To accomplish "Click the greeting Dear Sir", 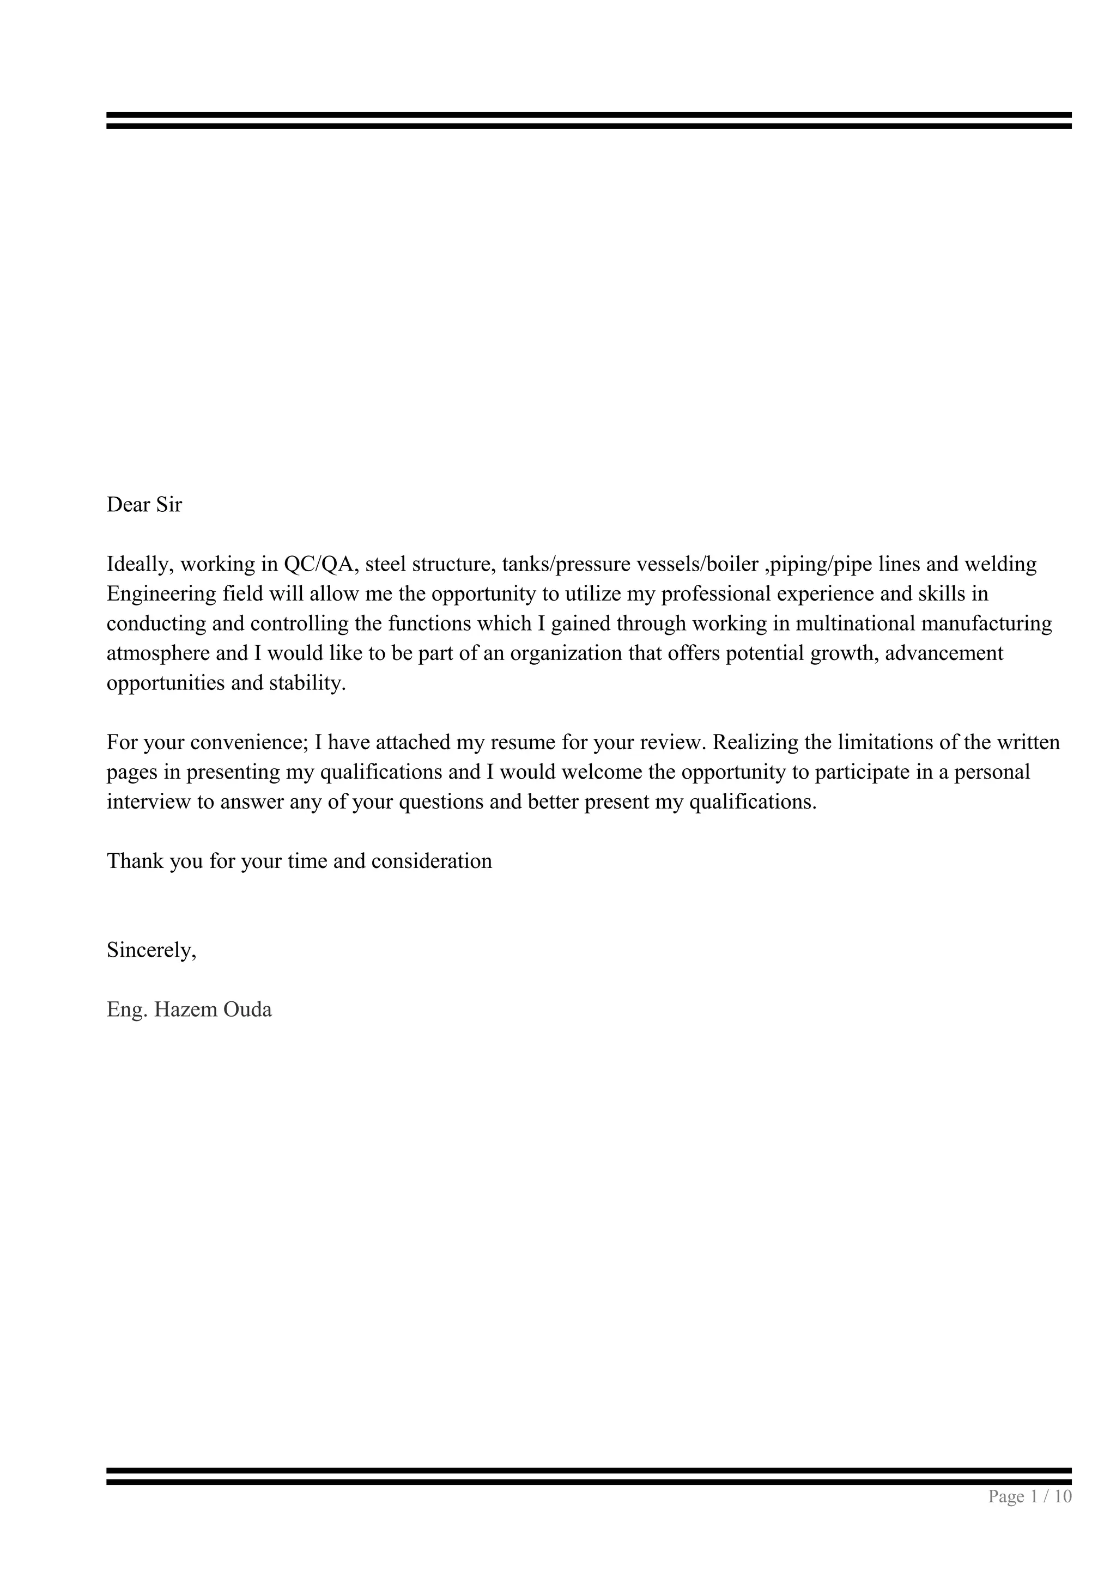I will click(x=144, y=505).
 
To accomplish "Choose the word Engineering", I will click(x=162, y=594).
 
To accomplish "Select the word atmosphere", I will click(x=157, y=653).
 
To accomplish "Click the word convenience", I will click(x=249, y=742).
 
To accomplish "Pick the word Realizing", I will click(x=758, y=742).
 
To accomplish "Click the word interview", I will click(x=148, y=802).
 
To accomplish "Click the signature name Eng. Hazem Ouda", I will click(x=189, y=1010).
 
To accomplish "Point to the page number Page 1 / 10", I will click(x=1029, y=1496).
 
